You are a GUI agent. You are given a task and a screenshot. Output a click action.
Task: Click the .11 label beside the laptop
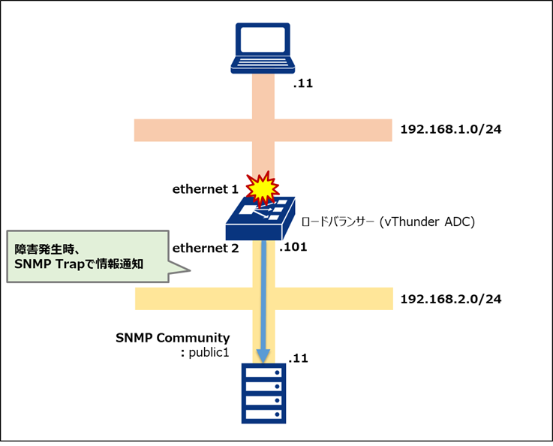point(302,83)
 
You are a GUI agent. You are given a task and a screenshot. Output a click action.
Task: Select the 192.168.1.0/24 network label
point(450,129)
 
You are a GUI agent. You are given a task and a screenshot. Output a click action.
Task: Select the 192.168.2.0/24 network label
point(450,298)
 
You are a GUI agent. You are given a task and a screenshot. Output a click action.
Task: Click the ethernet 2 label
point(205,248)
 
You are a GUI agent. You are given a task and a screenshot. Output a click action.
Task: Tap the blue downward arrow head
point(263,351)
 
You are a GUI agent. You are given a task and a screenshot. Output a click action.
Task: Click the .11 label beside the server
point(297,359)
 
